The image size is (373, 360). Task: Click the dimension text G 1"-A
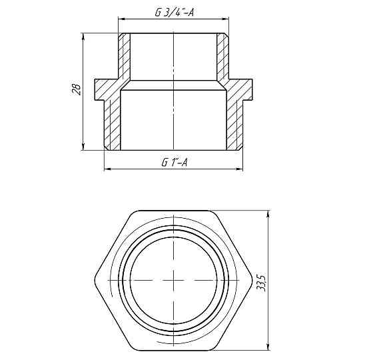point(174,162)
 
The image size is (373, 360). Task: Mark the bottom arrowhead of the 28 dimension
point(83,148)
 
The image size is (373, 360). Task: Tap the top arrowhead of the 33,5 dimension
point(268,213)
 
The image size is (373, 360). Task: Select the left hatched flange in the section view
point(107,87)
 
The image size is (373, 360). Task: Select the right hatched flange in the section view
point(240,87)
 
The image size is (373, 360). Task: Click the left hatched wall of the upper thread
point(125,57)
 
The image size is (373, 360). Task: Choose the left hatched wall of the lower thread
point(114,123)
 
